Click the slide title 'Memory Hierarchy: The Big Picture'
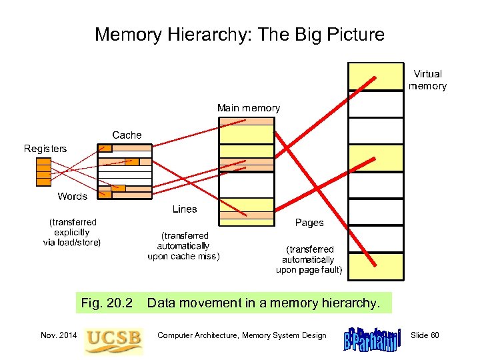[x=239, y=34]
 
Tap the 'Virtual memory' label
[x=427, y=80]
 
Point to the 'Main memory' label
[x=248, y=108]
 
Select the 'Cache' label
[x=127, y=135]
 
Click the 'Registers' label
[x=45, y=149]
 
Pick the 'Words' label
[x=72, y=196]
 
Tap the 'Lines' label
[x=185, y=209]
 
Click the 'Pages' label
[x=309, y=223]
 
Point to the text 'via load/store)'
[x=72, y=243]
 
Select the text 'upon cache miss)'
[x=183, y=256]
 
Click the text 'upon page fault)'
[x=309, y=270]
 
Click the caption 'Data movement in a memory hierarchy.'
[x=263, y=303]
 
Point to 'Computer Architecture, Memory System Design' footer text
[x=242, y=335]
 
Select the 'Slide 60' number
[x=425, y=335]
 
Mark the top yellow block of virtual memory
[x=375, y=77]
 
